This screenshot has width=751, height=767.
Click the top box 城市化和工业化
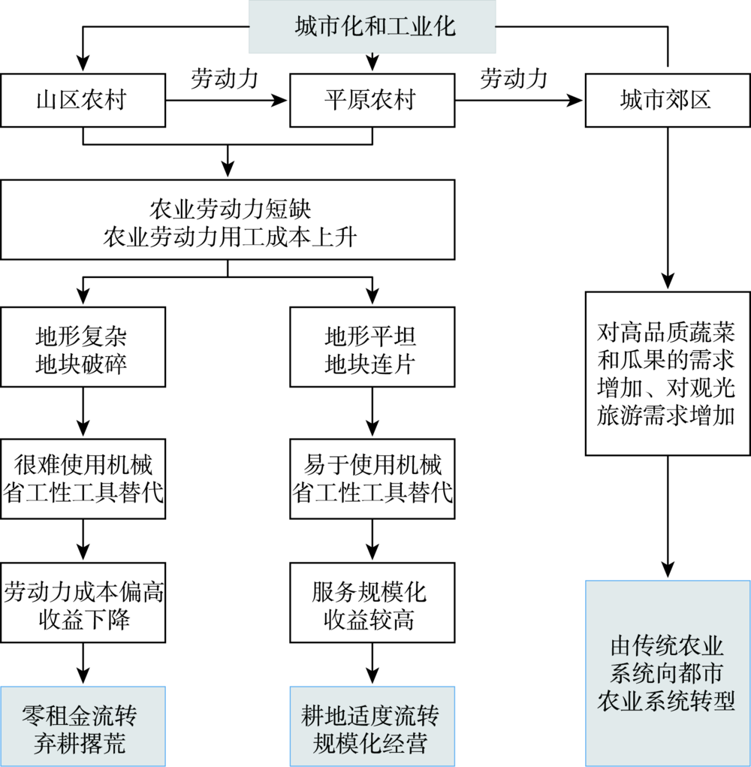click(x=372, y=27)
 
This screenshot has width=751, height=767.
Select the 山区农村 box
click(x=83, y=100)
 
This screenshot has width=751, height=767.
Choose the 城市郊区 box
click(x=665, y=100)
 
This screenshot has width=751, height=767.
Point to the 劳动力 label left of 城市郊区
click(x=514, y=78)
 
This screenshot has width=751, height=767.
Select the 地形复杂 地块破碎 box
click(x=83, y=349)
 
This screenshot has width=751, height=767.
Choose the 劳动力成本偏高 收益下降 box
click(x=83, y=603)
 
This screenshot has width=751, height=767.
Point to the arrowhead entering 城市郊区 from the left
click(x=578, y=100)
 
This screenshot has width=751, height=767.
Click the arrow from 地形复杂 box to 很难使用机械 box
click(x=83, y=412)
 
